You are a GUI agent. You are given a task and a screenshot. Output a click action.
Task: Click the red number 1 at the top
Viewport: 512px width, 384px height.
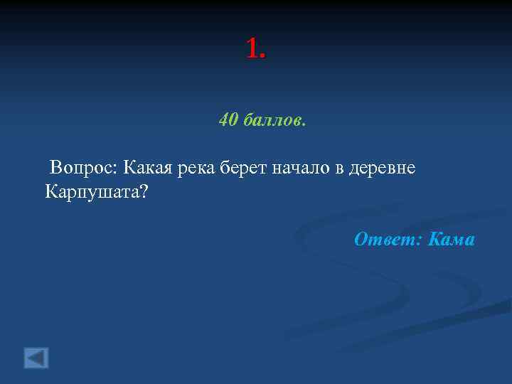tap(252, 48)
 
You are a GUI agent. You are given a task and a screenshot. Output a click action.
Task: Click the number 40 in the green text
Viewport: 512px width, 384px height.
tap(228, 120)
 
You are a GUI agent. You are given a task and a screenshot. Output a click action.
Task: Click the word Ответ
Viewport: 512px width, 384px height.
tap(386, 240)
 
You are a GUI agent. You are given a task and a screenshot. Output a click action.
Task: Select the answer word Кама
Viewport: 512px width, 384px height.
tap(452, 240)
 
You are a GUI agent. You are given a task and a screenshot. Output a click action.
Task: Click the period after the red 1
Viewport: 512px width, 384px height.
tap(263, 56)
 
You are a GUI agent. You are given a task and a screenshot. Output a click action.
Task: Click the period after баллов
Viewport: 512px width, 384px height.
tap(304, 124)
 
